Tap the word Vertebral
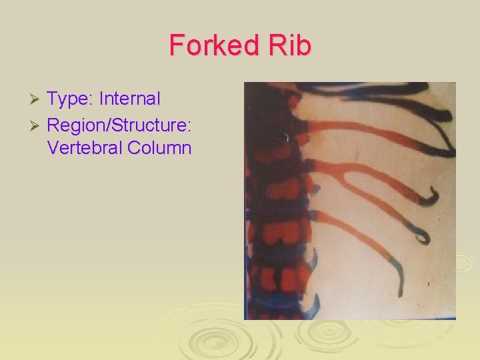pos(83,147)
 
